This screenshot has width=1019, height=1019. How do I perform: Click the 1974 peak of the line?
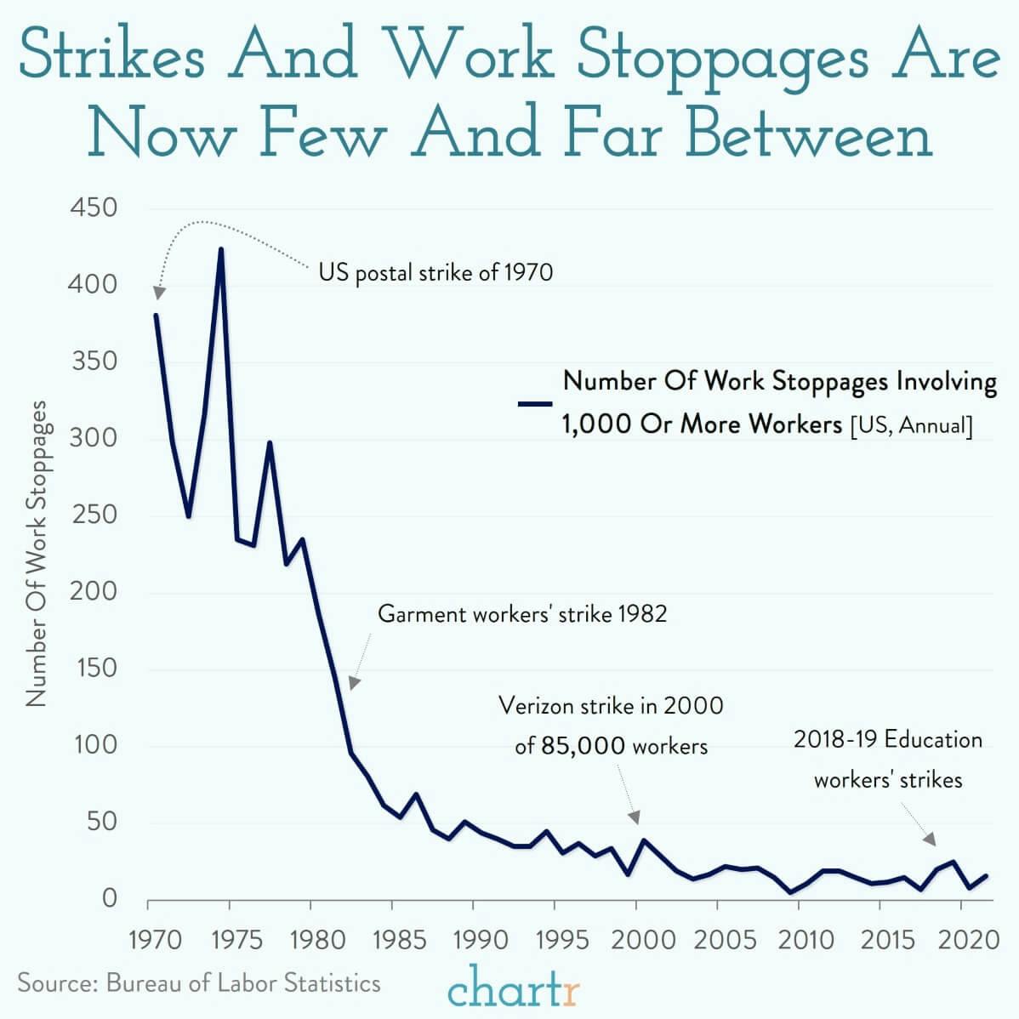click(221, 249)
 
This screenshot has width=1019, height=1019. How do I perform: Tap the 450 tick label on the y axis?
click(93, 208)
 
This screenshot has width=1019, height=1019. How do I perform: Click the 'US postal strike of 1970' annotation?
click(435, 273)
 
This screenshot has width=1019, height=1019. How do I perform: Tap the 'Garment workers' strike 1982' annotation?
click(522, 613)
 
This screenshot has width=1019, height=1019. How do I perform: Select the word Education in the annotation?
click(933, 739)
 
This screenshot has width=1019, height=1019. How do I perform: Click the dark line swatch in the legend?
click(536, 404)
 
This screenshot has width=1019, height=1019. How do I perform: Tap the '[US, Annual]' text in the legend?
click(910, 424)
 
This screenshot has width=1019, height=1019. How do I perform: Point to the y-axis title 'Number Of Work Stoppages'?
click(36, 553)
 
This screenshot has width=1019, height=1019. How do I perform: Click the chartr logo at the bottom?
click(514, 988)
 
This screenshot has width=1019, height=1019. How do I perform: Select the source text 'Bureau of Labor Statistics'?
click(243, 983)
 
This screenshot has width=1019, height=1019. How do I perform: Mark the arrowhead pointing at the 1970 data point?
click(158, 293)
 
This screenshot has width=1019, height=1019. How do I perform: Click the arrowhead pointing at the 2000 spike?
click(635, 817)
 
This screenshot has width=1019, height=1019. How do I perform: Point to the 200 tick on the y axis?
click(93, 592)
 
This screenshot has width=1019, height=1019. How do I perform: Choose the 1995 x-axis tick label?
click(555, 940)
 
